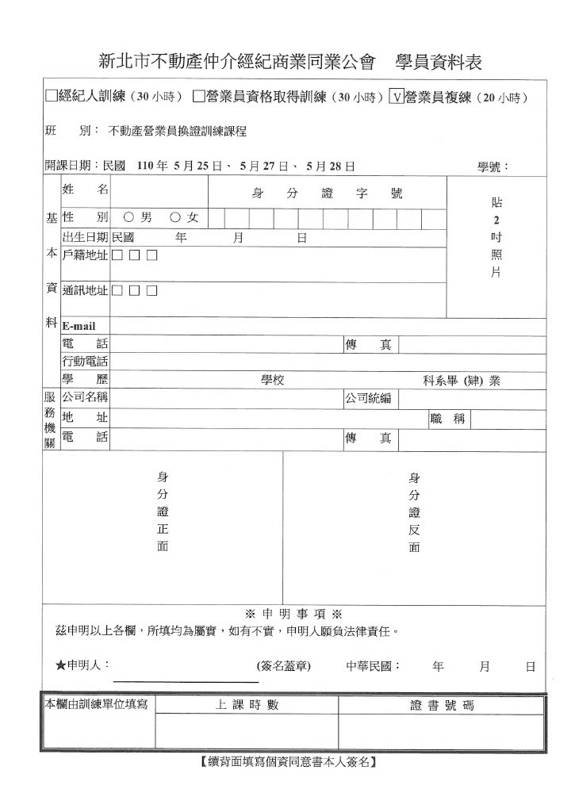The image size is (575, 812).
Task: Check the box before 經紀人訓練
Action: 52,97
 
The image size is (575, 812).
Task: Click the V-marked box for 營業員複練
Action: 397,97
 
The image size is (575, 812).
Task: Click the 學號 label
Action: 492,167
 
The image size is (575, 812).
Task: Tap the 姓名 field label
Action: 85,190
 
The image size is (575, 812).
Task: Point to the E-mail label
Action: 79,326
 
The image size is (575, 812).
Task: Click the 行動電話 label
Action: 85,362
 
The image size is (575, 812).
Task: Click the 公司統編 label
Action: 367,397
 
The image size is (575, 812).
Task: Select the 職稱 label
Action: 449,419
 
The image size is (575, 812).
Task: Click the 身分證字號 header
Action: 327,193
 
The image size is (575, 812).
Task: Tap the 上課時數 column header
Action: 247,705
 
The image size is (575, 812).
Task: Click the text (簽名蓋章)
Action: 284,666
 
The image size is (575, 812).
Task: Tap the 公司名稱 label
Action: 85,397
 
